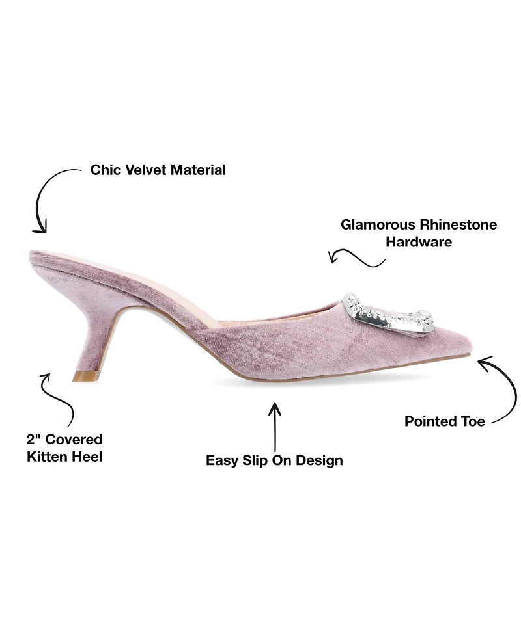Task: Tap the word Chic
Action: (x=106, y=170)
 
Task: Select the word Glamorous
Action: (x=378, y=224)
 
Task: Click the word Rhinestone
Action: (x=458, y=224)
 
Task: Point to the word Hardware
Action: (x=419, y=242)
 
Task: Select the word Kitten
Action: (x=44, y=457)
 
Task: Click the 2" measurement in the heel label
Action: (x=34, y=439)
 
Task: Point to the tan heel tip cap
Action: (x=85, y=376)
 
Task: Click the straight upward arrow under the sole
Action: (x=275, y=427)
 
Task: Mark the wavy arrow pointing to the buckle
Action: (x=356, y=257)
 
